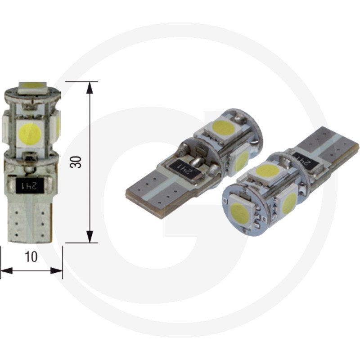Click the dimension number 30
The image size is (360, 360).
(78, 162)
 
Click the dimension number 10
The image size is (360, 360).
(31, 256)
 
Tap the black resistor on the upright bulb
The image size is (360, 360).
(31, 184)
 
